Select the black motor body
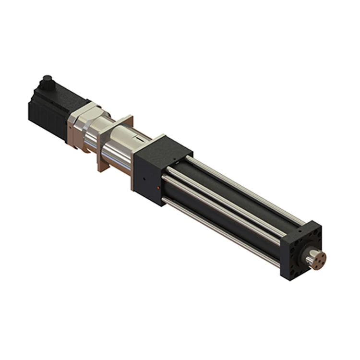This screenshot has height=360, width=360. click(x=60, y=103)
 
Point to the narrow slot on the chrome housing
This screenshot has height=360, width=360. click(x=140, y=138)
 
